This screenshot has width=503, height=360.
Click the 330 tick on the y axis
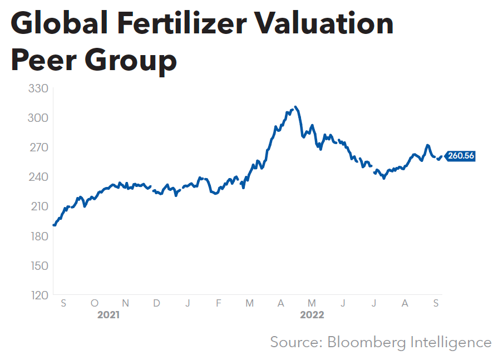38,88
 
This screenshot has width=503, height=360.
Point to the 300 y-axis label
38,118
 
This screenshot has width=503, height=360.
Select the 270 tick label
38,147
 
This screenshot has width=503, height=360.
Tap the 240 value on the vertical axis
38,177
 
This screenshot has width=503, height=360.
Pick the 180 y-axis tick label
38,236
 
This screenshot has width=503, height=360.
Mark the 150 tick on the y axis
38,265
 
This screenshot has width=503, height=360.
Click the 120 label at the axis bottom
38,295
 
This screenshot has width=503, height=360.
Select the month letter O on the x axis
95,303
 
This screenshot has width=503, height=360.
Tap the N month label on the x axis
126,303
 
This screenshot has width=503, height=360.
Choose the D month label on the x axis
157,303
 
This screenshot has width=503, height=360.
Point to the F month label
219,303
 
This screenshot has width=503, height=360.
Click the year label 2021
109,315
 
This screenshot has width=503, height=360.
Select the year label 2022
312,315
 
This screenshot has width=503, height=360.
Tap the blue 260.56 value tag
461,156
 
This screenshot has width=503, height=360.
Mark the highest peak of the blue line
295,107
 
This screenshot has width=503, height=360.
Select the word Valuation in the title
332,24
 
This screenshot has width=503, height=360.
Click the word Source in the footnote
294,342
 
